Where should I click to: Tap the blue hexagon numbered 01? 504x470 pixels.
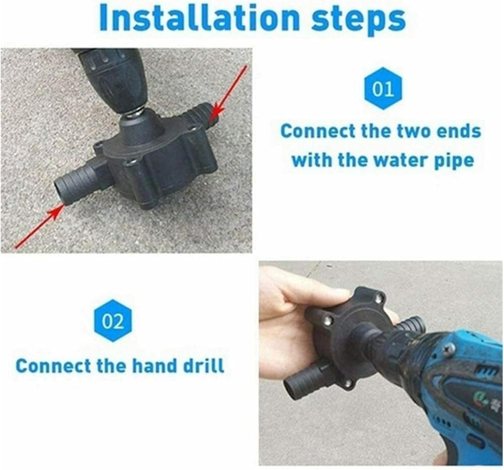coord(383,89)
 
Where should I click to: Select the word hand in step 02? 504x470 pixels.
coord(155,365)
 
